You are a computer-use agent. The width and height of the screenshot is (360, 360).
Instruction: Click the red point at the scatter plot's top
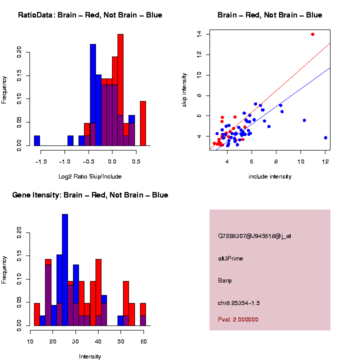click(x=312, y=34)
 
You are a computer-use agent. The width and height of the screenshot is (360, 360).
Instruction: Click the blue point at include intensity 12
click(x=325, y=137)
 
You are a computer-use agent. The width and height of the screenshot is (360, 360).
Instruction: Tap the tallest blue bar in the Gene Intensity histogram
click(x=65, y=270)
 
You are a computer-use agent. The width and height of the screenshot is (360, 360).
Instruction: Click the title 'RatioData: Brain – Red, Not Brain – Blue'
click(x=90, y=15)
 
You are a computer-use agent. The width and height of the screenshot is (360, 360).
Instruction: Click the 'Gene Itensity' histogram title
click(x=90, y=195)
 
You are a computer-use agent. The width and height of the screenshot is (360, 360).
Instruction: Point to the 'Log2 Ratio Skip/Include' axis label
click(x=90, y=176)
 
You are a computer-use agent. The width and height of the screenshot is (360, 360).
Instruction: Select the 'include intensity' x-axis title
click(x=270, y=176)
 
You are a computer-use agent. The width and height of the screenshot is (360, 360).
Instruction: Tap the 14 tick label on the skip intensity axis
click(x=199, y=34)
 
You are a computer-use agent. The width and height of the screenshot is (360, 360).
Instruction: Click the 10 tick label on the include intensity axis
click(x=301, y=161)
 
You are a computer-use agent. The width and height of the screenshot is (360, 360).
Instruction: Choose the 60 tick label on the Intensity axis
click(x=143, y=341)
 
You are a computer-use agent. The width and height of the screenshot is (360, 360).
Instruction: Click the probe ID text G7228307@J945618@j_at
click(x=254, y=236)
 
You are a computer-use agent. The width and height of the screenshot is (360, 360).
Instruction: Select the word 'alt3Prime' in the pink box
click(x=230, y=258)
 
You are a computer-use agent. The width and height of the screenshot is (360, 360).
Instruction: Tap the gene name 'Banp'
click(x=225, y=280)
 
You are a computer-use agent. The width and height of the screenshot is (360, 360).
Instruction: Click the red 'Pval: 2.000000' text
click(x=238, y=319)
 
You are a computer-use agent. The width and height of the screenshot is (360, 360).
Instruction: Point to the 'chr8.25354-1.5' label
click(x=239, y=303)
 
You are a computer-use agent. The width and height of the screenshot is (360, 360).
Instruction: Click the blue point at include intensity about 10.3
click(x=304, y=120)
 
